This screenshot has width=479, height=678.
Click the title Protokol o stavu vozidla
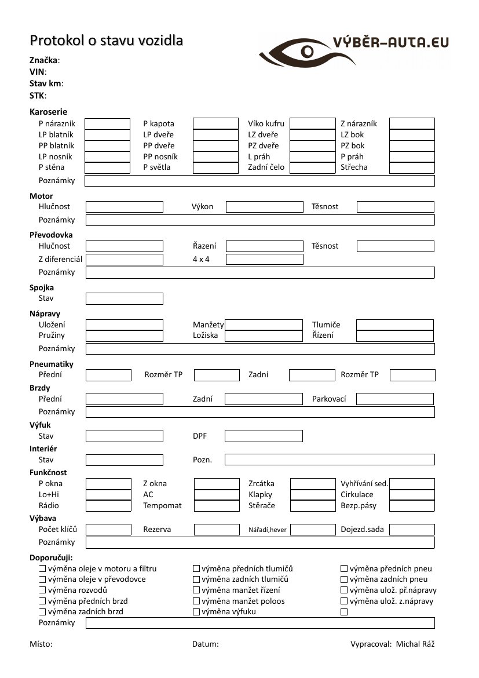tap(106, 41)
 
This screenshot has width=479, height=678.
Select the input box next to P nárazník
tap(107, 123)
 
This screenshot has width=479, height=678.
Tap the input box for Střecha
tap(412, 167)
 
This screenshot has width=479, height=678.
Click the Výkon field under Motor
tap(264, 207)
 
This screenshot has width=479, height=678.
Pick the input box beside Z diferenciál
tap(125, 260)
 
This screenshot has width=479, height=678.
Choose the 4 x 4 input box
tap(264, 260)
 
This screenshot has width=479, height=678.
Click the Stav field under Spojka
tap(125, 298)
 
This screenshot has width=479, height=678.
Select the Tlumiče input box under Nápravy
tap(394, 325)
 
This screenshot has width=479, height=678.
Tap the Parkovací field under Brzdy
tap(394, 399)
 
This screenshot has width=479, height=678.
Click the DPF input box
tap(264, 436)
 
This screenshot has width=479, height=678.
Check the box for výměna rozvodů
tap(42, 590)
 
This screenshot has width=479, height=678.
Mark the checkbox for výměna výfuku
tap(196, 612)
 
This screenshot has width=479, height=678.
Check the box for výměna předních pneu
tap(344, 569)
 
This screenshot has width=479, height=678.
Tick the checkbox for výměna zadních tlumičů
tap(196, 579)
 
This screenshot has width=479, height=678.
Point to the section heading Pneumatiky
tap(52, 364)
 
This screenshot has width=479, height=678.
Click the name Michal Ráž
tap(415, 644)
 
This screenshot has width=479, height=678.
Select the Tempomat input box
tap(217, 505)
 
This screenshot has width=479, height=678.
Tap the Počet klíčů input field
tap(108, 529)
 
